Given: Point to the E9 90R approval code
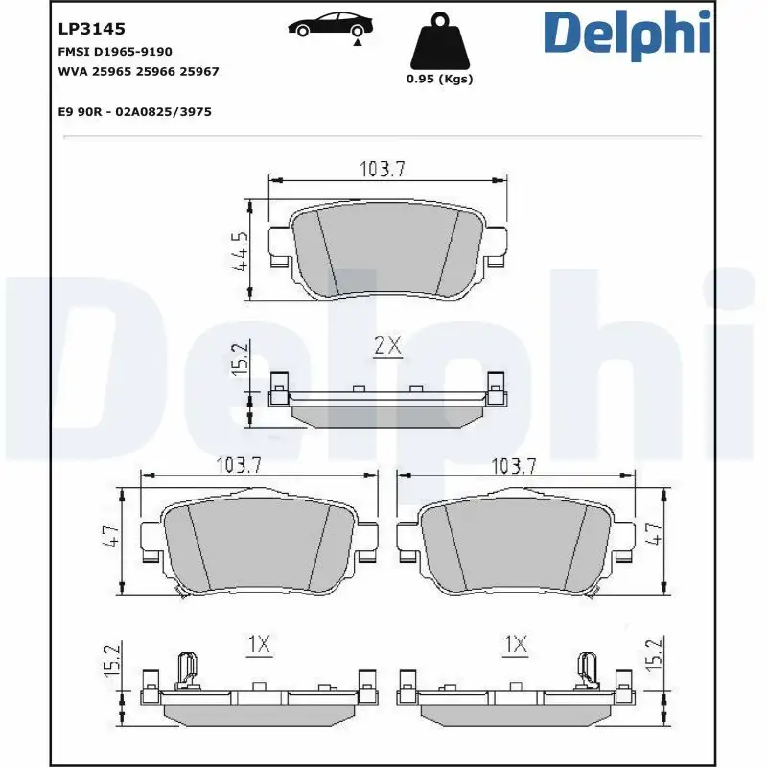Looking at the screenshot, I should (x=134, y=111).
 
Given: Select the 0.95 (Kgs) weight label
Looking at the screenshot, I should (x=440, y=80).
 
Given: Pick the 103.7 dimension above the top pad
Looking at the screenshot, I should (x=383, y=169).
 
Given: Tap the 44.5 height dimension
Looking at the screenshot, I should (x=240, y=251).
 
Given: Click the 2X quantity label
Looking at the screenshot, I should (x=387, y=346).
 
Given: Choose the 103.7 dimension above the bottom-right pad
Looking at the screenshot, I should (x=513, y=465).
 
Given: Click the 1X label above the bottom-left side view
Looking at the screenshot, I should (x=260, y=645).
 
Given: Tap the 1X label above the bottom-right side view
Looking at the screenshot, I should (x=516, y=645).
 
